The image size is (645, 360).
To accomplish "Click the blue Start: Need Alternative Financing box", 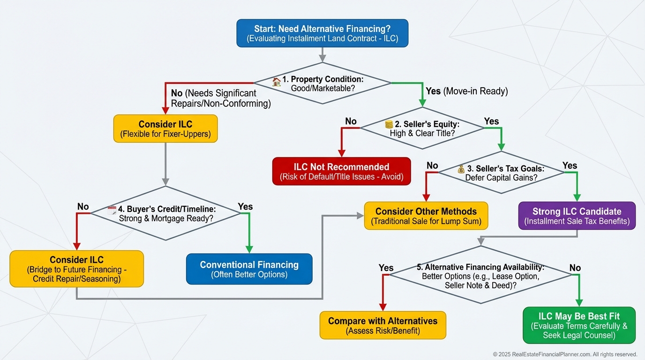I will point(322,33).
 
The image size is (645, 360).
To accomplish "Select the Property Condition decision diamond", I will point(322,83).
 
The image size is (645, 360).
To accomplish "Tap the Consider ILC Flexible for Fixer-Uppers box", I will point(165,129).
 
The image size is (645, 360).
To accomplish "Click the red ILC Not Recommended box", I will point(341,172).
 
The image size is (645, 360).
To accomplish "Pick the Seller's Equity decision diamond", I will point(422,128).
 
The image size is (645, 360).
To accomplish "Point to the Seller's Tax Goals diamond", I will point(501,173).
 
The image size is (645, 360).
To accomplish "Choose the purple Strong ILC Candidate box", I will point(577,216).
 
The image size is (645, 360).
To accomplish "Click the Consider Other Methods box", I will point(426,216).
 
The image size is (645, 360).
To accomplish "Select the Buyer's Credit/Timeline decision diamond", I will point(165,213).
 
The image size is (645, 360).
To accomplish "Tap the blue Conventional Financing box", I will point(249,269).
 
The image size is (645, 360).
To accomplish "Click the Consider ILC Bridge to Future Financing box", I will point(77,269).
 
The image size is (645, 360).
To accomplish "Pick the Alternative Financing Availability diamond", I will point(481,276).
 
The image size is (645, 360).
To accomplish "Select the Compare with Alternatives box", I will point(382,325).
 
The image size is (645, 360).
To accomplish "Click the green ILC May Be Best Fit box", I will point(579,325).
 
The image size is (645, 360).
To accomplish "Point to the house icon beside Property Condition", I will point(277,82).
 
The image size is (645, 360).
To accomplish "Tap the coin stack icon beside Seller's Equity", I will point(389,124).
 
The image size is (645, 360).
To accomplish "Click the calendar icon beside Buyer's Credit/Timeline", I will point(112,210).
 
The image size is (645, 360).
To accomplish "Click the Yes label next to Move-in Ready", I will point(433,91).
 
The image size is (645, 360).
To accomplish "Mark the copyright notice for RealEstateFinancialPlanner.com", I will point(565,354).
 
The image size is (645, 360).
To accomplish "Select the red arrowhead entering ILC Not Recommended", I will point(342,153).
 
